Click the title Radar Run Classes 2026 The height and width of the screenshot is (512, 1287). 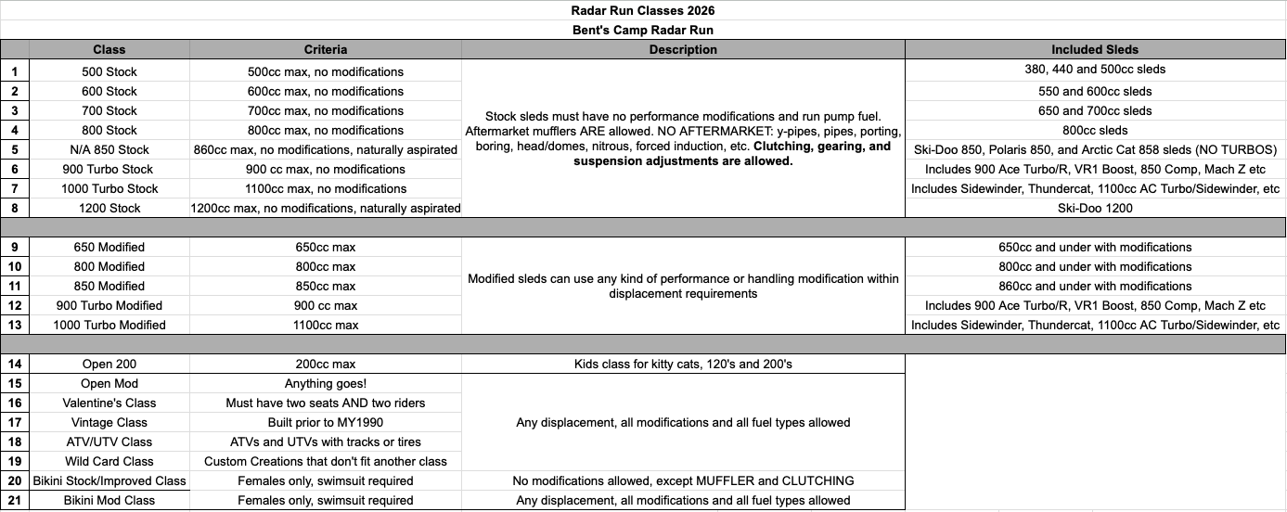642,10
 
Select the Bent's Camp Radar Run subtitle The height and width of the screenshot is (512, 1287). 642,30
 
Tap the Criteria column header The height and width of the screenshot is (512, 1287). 325,49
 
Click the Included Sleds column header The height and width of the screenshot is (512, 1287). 1095,49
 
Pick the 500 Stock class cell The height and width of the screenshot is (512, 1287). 109,71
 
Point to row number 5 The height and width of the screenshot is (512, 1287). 15,149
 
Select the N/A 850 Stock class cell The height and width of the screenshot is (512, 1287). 109,149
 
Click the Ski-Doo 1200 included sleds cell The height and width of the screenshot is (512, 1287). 1095,208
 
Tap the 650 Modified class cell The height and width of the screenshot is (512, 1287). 109,247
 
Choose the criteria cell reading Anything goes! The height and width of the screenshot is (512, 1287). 325,383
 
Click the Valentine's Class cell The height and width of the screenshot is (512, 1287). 109,403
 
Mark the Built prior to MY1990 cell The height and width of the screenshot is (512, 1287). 325,422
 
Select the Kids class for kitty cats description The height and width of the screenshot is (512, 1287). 683,364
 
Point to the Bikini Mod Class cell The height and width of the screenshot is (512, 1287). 109,500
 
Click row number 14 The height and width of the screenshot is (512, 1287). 15,364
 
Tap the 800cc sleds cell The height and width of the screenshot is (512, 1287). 1095,130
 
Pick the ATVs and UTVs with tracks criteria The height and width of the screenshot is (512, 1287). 325,442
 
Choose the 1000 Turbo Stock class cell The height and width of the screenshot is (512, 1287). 109,188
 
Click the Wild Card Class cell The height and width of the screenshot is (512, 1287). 109,461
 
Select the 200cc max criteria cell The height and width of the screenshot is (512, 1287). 325,364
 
